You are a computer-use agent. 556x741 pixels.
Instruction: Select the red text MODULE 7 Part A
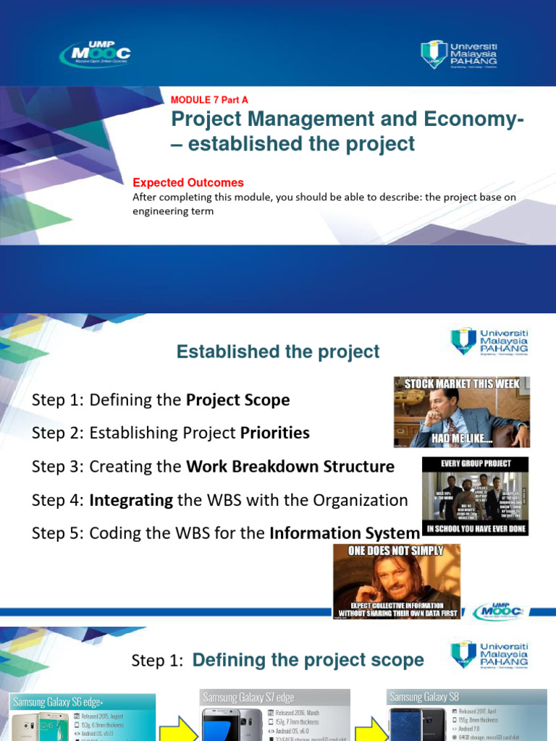[x=209, y=100]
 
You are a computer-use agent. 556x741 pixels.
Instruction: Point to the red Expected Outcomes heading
[x=188, y=183]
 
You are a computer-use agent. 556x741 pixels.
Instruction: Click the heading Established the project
[x=278, y=352]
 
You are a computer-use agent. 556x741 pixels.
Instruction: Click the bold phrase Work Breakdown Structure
[x=290, y=467]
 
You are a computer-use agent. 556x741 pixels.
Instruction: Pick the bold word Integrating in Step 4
[x=131, y=500]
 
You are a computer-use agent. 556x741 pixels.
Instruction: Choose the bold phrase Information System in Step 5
[x=345, y=534]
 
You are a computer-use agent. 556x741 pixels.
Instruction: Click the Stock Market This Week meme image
[x=461, y=412]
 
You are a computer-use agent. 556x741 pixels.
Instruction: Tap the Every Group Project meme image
[x=476, y=496]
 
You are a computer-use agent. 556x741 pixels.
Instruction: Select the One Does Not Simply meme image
[x=396, y=581]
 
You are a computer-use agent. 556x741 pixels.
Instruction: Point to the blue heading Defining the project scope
[x=308, y=660]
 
